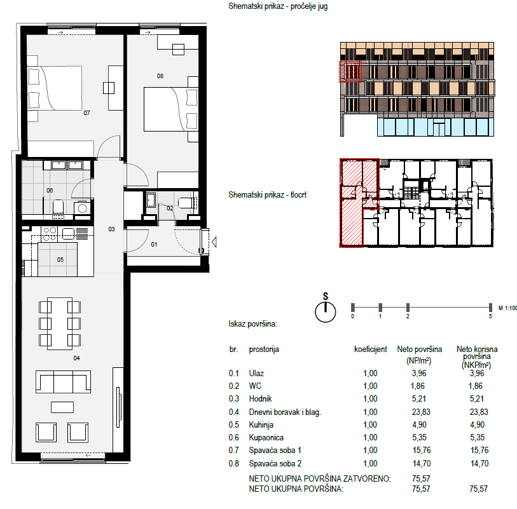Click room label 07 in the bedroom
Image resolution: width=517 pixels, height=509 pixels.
click(86, 113)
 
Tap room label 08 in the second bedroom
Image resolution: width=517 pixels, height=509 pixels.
click(160, 76)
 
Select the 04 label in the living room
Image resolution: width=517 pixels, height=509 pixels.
click(76, 358)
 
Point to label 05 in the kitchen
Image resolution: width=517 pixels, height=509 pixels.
click(60, 260)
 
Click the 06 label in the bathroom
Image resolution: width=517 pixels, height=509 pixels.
click(50, 191)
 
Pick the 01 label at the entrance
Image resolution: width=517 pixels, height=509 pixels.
click(154, 245)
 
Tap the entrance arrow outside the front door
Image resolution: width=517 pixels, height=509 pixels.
click(214, 242)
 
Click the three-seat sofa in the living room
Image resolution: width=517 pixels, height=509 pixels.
click(63, 382)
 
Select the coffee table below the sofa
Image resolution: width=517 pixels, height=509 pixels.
click(62, 407)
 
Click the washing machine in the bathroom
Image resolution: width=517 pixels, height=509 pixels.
click(83, 208)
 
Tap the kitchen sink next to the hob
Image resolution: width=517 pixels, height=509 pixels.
click(68, 234)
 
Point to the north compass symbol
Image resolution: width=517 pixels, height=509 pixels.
click(326, 311)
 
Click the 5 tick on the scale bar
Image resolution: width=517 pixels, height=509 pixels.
click(490, 308)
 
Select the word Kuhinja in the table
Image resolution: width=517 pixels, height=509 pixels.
click(261, 425)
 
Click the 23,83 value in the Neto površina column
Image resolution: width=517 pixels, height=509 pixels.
click(421, 412)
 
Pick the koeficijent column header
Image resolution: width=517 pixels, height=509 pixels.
click(371, 350)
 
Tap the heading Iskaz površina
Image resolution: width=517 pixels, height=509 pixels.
click(253, 324)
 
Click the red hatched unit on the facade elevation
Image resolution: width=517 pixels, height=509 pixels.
click(350, 72)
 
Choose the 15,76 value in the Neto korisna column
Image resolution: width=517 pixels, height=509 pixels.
click(479, 451)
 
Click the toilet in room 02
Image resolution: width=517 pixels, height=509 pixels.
click(186, 203)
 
